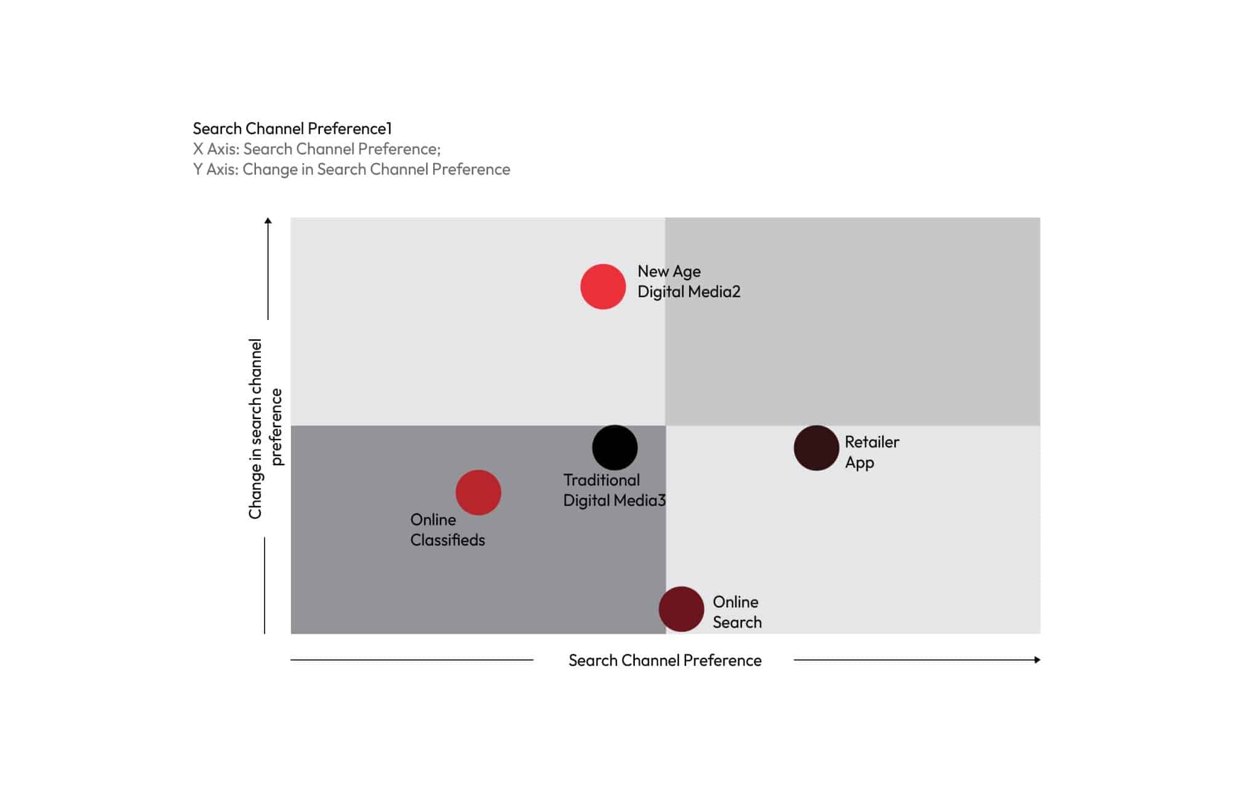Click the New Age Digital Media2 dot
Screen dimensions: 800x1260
click(603, 287)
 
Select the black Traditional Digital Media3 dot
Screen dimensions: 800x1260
click(615, 447)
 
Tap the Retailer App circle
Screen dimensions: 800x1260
click(816, 448)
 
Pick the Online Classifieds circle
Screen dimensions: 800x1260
click(478, 492)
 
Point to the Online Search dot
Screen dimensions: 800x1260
click(681, 609)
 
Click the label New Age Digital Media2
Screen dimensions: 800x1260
click(688, 281)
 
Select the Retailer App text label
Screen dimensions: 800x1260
click(871, 452)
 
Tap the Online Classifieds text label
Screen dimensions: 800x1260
click(447, 530)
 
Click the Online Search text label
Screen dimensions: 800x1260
click(736, 612)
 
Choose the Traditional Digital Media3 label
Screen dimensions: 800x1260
click(614, 490)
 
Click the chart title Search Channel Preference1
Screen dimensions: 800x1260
click(292, 129)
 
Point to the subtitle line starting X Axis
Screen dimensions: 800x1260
click(317, 149)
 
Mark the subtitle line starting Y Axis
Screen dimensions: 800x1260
click(351, 169)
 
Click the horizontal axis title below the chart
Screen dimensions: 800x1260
click(664, 660)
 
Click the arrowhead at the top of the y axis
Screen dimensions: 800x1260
click(268, 221)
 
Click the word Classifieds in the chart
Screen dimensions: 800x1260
click(447, 540)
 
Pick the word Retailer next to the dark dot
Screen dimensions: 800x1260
click(871, 442)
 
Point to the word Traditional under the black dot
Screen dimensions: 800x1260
click(601, 480)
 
